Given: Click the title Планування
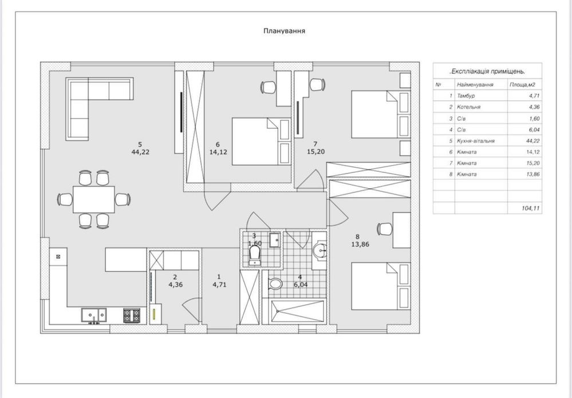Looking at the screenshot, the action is tap(284, 31).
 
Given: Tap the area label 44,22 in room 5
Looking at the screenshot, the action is tap(140, 152).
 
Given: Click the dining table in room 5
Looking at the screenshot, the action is tap(94, 199).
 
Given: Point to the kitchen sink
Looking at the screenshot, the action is tap(94, 314).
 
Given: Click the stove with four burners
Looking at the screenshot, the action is tap(131, 315).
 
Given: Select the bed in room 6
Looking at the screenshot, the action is tap(261, 141).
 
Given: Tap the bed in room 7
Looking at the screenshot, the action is tap(381, 114).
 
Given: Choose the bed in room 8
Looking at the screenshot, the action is tap(381, 286).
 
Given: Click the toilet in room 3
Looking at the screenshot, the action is tap(255, 255).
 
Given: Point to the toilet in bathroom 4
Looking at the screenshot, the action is tap(275, 283).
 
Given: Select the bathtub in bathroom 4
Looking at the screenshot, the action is tap(298, 312).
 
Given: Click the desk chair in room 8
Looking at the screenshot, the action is tap(384, 229).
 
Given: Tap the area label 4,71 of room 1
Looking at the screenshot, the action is tap(220, 285).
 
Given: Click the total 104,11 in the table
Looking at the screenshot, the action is tap(530, 208).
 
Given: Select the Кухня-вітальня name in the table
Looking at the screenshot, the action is tap(476, 141).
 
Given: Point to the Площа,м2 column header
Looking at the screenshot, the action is tap(522, 85).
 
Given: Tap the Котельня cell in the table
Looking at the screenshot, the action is tap(468, 107).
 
